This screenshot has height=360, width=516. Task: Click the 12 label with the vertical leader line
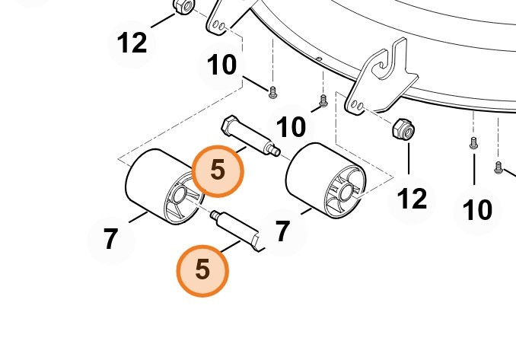(412, 199)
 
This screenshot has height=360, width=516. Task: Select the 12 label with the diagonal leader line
(132, 43)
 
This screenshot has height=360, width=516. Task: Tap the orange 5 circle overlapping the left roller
(218, 171)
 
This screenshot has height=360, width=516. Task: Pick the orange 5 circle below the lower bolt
(202, 271)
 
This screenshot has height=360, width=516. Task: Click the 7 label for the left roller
(110, 239)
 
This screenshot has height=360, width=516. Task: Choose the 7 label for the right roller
(282, 231)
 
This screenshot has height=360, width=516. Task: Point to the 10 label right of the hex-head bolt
(291, 127)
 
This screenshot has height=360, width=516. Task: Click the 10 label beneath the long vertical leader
(477, 210)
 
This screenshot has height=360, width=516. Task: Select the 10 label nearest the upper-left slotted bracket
(221, 65)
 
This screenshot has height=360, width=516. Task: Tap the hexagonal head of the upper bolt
(229, 124)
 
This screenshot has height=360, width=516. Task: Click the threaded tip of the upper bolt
(276, 151)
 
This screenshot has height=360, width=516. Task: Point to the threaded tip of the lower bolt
(215, 215)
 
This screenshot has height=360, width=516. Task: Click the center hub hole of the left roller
(179, 195)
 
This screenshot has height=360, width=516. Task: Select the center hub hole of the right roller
(346, 192)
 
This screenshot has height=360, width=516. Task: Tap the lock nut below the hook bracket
(403, 129)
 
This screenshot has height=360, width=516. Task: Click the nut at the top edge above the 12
(183, 6)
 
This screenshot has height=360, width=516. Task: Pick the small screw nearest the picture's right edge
(498, 167)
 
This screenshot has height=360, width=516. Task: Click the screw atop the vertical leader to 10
(473, 143)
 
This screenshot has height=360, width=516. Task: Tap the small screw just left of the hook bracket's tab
(323, 101)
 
